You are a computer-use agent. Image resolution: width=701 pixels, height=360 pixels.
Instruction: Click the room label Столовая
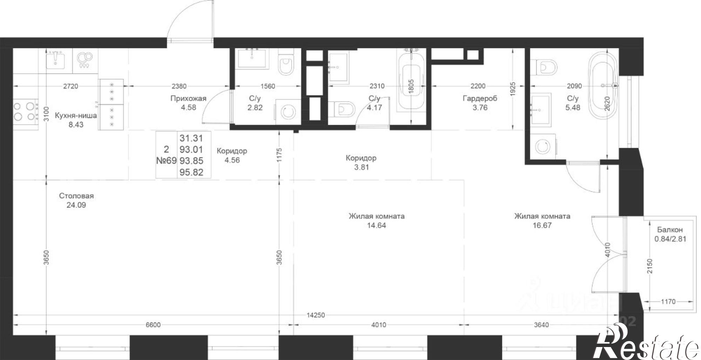point(76,196)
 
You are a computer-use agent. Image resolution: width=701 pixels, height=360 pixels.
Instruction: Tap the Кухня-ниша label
point(76,116)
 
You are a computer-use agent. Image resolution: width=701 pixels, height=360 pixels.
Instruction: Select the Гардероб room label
point(480,99)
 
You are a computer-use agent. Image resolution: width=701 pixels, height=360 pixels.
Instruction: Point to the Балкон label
point(670,230)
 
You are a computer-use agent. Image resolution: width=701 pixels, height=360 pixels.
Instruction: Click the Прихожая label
point(188,99)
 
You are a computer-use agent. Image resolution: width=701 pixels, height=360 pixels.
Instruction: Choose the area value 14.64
point(376,225)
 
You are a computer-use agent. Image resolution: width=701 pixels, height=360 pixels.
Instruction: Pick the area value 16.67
point(542,225)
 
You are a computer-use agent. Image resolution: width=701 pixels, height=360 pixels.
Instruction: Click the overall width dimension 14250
point(315,315)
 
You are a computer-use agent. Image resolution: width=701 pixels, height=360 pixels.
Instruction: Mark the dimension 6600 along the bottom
point(153,325)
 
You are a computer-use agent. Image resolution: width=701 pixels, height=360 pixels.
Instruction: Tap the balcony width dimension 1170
point(668,301)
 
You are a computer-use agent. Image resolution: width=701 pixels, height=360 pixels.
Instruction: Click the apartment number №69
point(166,161)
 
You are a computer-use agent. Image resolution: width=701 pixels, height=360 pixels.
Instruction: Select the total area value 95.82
point(191,172)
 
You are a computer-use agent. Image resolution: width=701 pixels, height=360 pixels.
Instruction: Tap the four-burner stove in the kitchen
point(25,111)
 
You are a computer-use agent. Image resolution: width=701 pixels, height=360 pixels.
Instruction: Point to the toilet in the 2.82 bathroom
point(286,66)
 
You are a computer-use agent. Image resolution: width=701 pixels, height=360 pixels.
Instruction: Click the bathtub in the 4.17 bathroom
point(411,88)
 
